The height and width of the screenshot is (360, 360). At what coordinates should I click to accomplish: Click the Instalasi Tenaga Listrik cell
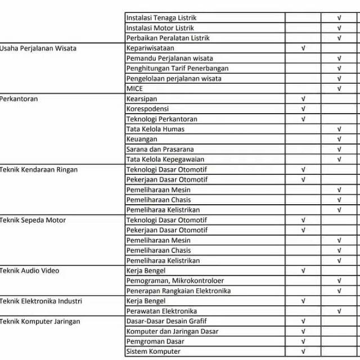[x=161, y=18]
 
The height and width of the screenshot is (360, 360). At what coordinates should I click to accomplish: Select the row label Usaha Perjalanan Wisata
[x=38, y=48]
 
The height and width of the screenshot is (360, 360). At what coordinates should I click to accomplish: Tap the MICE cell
[x=134, y=89]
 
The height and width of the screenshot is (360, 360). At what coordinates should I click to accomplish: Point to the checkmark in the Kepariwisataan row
[x=303, y=48]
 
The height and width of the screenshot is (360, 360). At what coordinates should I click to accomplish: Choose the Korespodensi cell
[x=148, y=109]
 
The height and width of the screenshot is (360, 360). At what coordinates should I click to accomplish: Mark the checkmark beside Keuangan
[x=339, y=139]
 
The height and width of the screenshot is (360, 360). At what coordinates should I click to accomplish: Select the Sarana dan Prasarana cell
[x=160, y=150]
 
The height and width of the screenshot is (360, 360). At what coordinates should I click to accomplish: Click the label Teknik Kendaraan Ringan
[x=39, y=170]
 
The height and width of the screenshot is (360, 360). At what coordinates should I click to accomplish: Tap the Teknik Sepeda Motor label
[x=33, y=220]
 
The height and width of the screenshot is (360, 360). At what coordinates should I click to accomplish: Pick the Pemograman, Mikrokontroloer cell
[x=175, y=281]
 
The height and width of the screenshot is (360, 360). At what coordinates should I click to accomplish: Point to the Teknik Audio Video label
[x=30, y=271]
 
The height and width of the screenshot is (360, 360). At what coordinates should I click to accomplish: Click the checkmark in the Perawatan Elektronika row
[x=339, y=311]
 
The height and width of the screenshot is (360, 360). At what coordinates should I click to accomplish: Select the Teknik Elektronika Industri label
[x=41, y=301]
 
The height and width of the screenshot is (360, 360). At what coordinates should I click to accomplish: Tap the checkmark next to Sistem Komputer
[x=303, y=352]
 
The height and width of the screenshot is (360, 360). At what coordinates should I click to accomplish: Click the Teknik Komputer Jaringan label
[x=40, y=322]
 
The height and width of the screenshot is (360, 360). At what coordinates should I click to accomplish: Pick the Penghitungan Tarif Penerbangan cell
[x=178, y=69]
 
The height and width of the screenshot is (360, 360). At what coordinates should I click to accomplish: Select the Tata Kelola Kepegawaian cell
[x=165, y=160]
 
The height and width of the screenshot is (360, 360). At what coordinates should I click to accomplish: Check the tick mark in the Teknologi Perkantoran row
[x=303, y=119]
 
